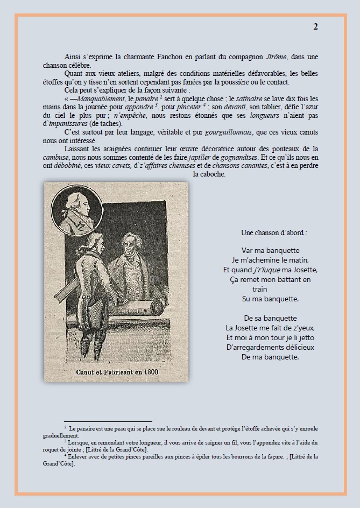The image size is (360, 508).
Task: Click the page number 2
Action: pyautogui.click(x=315, y=27)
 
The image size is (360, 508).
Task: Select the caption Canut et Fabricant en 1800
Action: pyautogui.click(x=116, y=372)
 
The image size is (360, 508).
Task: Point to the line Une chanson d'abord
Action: pyautogui.click(x=274, y=233)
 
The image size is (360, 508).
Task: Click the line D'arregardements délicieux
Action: pyautogui.click(x=271, y=347)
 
